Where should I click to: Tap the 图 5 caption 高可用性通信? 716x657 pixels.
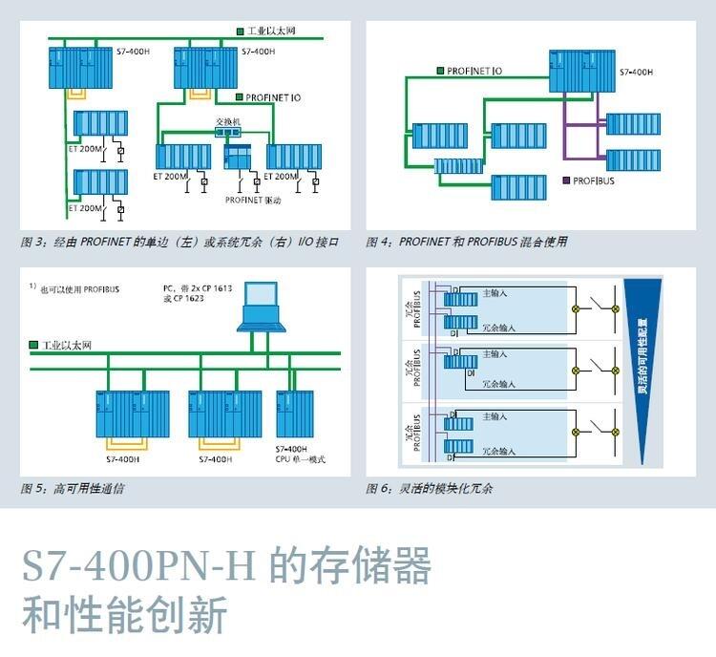click(73, 489)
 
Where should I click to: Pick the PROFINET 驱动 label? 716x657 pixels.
click(251, 200)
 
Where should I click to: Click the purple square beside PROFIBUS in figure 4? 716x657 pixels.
click(566, 180)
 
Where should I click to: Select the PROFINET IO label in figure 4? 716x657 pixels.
click(474, 70)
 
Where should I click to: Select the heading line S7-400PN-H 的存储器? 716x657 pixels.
click(226, 567)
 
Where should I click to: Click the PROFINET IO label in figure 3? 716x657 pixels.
click(273, 97)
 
